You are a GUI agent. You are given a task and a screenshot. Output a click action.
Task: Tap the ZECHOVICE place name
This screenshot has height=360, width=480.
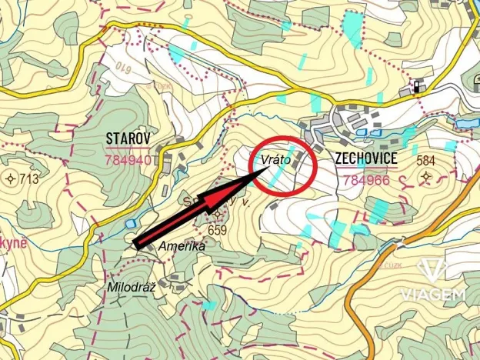(366, 158)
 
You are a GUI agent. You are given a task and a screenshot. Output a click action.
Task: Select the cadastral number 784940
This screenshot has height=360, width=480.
(128, 160)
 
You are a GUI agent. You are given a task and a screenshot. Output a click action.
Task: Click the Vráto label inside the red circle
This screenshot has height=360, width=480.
(275, 160)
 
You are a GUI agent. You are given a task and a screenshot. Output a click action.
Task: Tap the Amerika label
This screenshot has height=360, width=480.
(182, 246)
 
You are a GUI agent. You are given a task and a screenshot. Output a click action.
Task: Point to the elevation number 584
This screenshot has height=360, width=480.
(425, 161)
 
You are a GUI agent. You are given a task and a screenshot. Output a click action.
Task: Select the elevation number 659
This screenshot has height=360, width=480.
(218, 229)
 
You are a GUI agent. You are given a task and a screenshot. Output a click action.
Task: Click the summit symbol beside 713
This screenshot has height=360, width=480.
(11, 179)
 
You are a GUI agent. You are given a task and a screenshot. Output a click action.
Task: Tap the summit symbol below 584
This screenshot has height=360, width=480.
(425, 178)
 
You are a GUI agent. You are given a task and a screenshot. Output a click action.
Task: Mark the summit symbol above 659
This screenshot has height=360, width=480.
(218, 215)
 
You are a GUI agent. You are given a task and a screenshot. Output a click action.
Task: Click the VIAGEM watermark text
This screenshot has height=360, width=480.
(433, 295)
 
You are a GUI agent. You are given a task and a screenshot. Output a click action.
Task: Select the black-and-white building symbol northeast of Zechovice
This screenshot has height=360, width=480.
(417, 86)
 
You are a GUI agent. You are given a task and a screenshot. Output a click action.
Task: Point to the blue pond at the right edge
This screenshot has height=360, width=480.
(467, 122)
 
